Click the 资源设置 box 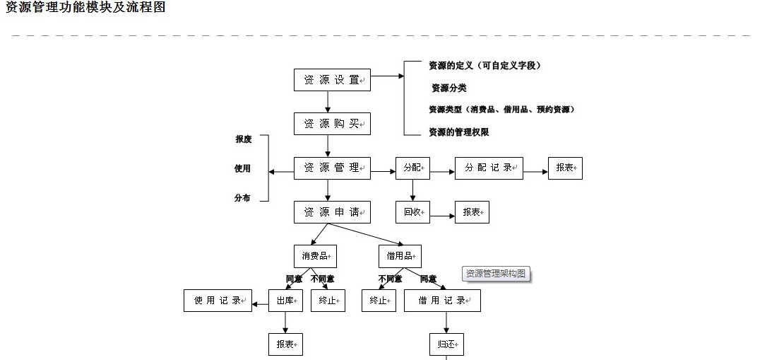tap(332, 80)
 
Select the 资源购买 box tap(332, 124)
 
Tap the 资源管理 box tap(332, 168)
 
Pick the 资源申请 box tap(332, 212)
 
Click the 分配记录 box tap(489, 168)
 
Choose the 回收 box tap(412, 212)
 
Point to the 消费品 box tap(315, 256)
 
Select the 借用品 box tap(400, 256)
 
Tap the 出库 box tap(285, 301)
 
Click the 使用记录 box tap(218, 301)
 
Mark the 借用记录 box tap(442, 301)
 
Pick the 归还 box tap(446, 344)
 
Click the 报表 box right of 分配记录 tap(565, 168)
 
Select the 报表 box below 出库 tap(285, 344)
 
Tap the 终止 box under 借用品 tap(379, 301)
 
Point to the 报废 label tap(244, 139)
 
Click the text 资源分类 tap(449, 88)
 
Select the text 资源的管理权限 tap(459, 132)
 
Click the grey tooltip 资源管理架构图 tap(496, 274)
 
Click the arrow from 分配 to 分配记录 tap(442, 171)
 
